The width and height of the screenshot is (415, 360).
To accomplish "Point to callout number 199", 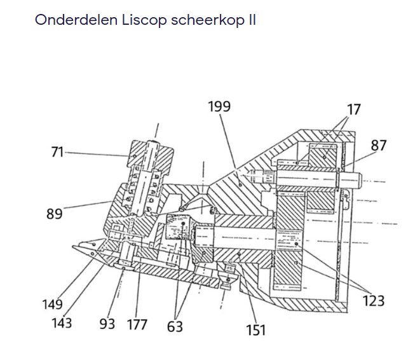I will [219, 107].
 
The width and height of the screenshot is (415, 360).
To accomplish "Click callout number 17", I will [353, 109].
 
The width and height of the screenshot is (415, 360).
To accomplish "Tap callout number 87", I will [379, 145].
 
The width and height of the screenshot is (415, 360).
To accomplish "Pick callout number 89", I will [55, 214].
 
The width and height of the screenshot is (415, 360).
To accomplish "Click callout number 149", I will [53, 305].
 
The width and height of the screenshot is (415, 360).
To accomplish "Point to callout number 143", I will [62, 322].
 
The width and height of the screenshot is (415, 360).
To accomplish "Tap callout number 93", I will [107, 324].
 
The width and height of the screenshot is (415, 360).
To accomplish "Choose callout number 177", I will [137, 324].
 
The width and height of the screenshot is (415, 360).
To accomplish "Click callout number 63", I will [175, 326].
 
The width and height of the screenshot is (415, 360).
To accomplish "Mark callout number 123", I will [374, 300].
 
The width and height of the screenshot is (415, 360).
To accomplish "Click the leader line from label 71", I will [95, 153].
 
